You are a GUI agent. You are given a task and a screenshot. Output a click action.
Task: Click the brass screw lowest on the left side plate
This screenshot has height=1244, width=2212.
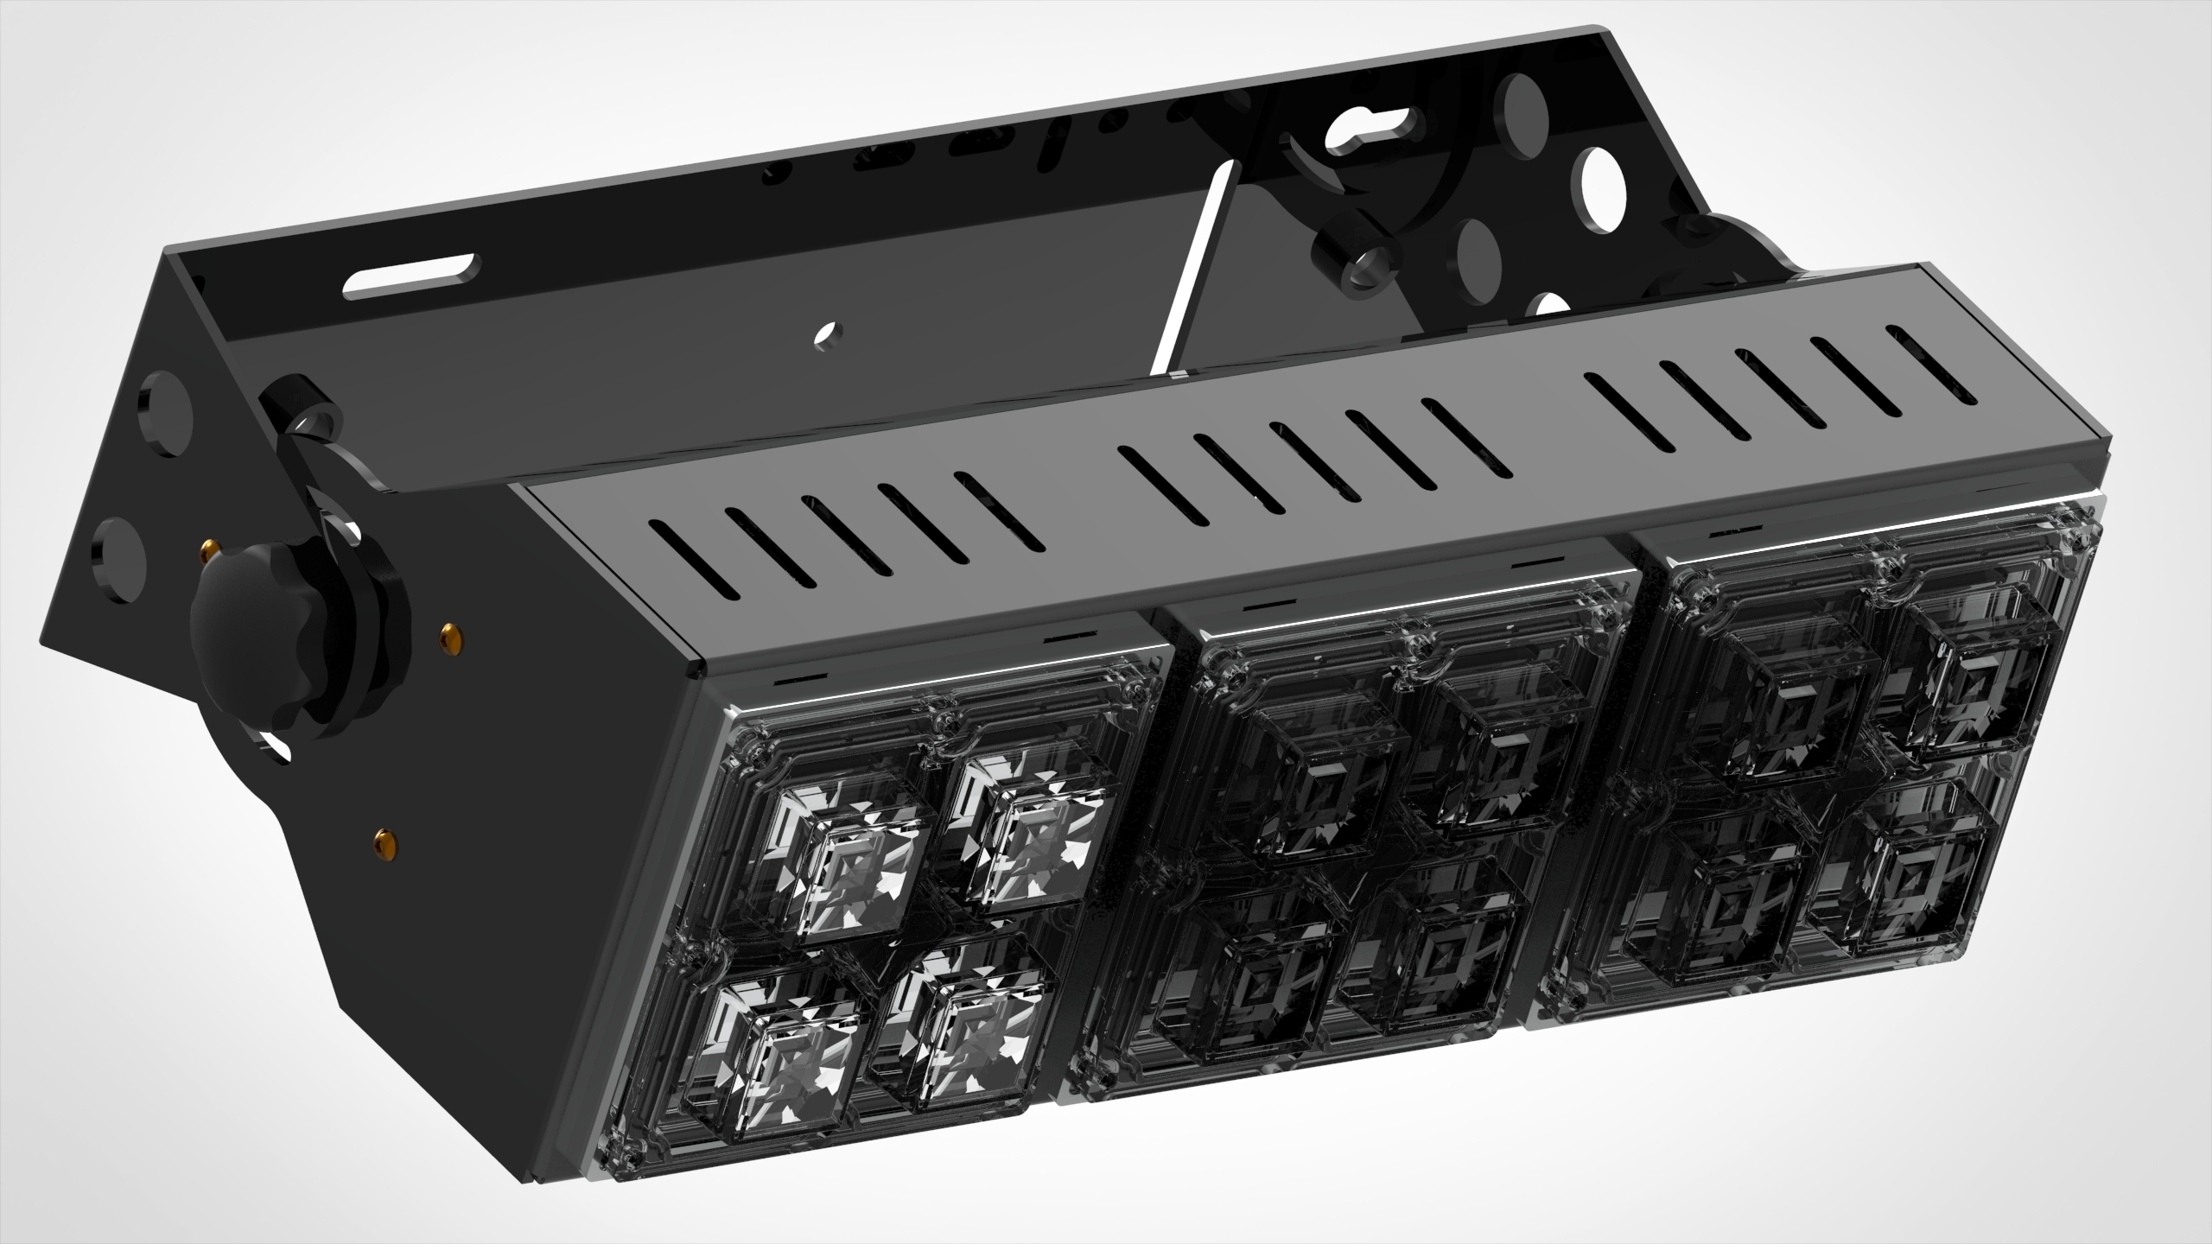click(384, 838)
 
